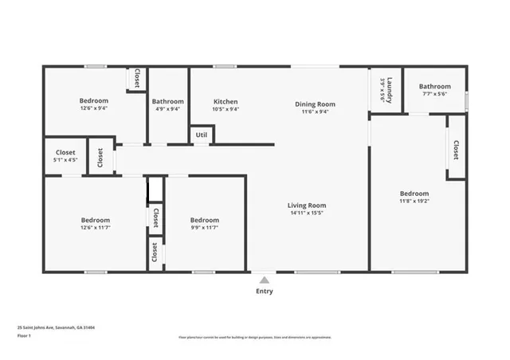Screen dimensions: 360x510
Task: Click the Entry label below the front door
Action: click(x=264, y=292)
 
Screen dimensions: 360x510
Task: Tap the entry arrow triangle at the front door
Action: click(x=264, y=280)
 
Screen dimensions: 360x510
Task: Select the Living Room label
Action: click(x=307, y=205)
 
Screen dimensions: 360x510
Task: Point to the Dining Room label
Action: click(x=315, y=104)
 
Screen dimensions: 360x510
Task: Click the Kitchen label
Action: click(x=226, y=102)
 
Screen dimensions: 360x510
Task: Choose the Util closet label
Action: click(x=202, y=135)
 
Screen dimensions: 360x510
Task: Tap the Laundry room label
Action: click(x=386, y=90)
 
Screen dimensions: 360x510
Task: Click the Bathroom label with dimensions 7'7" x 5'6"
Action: click(x=435, y=87)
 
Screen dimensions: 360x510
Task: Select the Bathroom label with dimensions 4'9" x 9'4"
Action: click(x=168, y=102)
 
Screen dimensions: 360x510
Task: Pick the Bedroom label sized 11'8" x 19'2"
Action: click(x=414, y=194)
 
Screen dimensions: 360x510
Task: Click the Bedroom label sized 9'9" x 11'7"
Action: click(x=205, y=220)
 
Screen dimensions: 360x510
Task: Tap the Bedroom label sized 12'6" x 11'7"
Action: click(x=96, y=220)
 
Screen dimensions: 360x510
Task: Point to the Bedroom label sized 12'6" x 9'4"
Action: click(x=94, y=101)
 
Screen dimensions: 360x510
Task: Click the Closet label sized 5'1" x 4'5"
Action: click(x=65, y=152)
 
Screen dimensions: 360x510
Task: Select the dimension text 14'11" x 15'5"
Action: click(x=307, y=213)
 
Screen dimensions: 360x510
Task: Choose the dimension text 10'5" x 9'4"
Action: click(x=226, y=110)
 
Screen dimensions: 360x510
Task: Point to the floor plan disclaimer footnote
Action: click(x=254, y=337)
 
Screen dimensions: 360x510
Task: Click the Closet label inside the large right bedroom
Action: click(x=456, y=149)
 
